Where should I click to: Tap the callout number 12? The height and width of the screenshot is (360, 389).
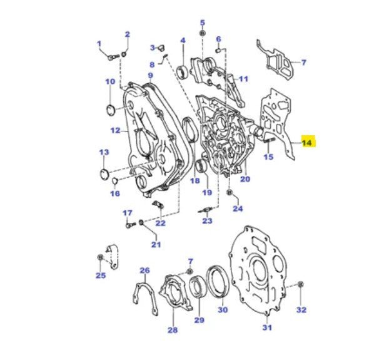point(115,130)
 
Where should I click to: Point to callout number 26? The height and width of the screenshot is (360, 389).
point(144,270)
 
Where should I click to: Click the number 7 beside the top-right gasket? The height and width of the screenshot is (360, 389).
point(304,63)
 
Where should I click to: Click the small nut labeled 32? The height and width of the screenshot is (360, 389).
point(301,285)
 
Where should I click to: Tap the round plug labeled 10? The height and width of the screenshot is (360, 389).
point(111,111)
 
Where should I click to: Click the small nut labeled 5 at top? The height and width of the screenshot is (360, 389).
point(202,33)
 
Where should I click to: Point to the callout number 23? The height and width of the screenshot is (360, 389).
point(207,221)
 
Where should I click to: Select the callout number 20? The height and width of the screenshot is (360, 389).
point(245,180)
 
